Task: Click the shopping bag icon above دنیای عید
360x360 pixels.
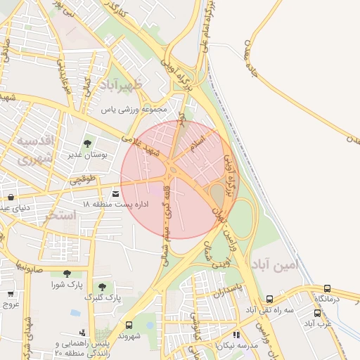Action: click(x=11, y=197)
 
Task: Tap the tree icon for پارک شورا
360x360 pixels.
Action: click(x=67, y=274)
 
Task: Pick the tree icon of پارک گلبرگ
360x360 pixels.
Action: click(x=103, y=287)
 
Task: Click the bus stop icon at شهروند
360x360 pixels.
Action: click(x=129, y=325)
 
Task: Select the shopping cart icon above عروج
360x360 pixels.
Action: click(x=11, y=294)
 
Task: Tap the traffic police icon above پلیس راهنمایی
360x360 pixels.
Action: click(x=84, y=332)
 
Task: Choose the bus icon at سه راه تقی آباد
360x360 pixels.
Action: click(x=270, y=299)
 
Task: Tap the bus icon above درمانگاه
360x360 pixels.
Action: click(x=327, y=288)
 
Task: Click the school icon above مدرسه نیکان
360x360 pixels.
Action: click(x=236, y=335)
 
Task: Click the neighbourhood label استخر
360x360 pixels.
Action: click(x=59, y=216)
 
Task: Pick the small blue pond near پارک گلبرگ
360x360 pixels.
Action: click(x=75, y=311)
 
